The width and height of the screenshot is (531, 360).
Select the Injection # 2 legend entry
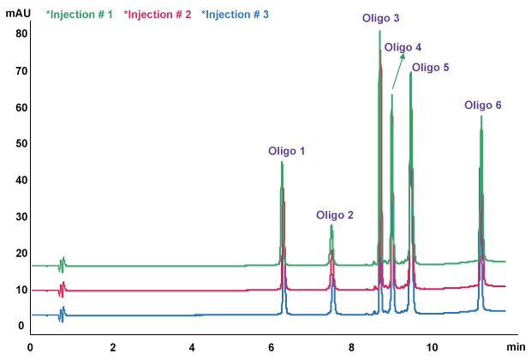(154, 15)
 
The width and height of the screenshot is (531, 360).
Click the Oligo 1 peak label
(287, 151)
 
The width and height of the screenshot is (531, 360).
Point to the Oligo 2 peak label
(335, 215)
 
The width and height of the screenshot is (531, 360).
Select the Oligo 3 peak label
(382, 18)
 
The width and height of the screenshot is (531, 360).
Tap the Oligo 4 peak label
(403, 47)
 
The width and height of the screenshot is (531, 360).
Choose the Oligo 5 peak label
(430, 67)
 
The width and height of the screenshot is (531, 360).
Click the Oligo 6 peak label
(483, 105)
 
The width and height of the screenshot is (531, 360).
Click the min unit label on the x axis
(515, 346)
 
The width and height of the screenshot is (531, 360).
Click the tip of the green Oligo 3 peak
(379, 31)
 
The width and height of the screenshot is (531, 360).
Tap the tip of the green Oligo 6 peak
(481, 116)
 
